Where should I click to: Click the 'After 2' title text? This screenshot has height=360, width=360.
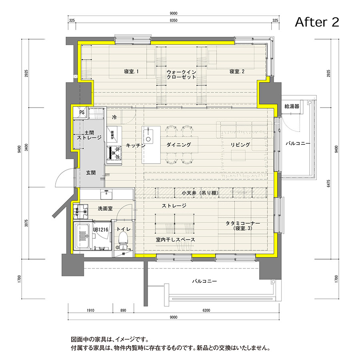tap(317, 22)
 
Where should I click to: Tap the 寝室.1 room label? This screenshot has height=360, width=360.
tap(131, 71)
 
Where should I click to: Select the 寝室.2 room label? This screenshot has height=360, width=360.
tap(237, 71)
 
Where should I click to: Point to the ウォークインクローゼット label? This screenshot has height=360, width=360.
tap(181, 74)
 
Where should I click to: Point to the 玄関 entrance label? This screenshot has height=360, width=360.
tap(91, 173)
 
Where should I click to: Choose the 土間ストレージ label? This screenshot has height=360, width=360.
tap(89, 135)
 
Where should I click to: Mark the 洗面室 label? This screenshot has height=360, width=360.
tap(106, 208)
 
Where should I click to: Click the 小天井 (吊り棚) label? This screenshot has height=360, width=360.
tap(200, 193)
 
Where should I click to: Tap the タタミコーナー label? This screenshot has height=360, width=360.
tap(243, 225)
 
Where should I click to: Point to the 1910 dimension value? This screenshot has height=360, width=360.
tap(90, 310)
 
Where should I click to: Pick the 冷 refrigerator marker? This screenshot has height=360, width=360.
tap(114, 118)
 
